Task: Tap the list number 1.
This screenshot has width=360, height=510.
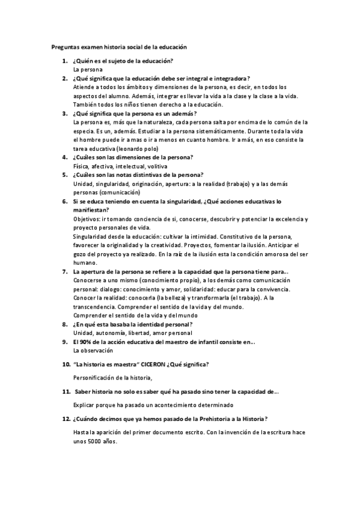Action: pos(64,61)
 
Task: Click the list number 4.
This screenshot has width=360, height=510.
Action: pos(64,157)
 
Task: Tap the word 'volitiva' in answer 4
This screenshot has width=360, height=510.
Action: pos(155,165)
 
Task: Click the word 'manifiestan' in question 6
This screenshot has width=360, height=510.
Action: pos(90,209)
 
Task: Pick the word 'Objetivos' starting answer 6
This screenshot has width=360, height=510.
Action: pos(86,219)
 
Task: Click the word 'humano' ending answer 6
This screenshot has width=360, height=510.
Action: pos(84,263)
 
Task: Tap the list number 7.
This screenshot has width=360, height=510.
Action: pos(64,272)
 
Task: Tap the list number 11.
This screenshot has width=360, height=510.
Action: pos(66,392)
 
